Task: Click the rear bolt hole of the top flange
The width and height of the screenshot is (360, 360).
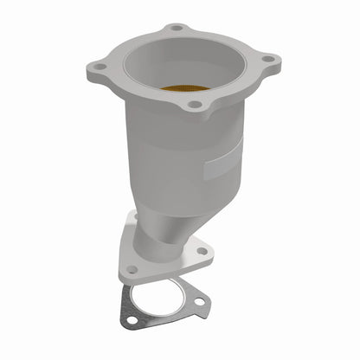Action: pyautogui.click(x=177, y=28)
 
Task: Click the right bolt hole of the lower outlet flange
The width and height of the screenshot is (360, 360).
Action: pyautogui.click(x=202, y=250)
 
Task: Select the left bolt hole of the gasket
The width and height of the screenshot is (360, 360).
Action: pyautogui.click(x=131, y=319)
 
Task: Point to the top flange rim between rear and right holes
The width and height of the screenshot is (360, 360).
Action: pyautogui.click(x=229, y=39)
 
